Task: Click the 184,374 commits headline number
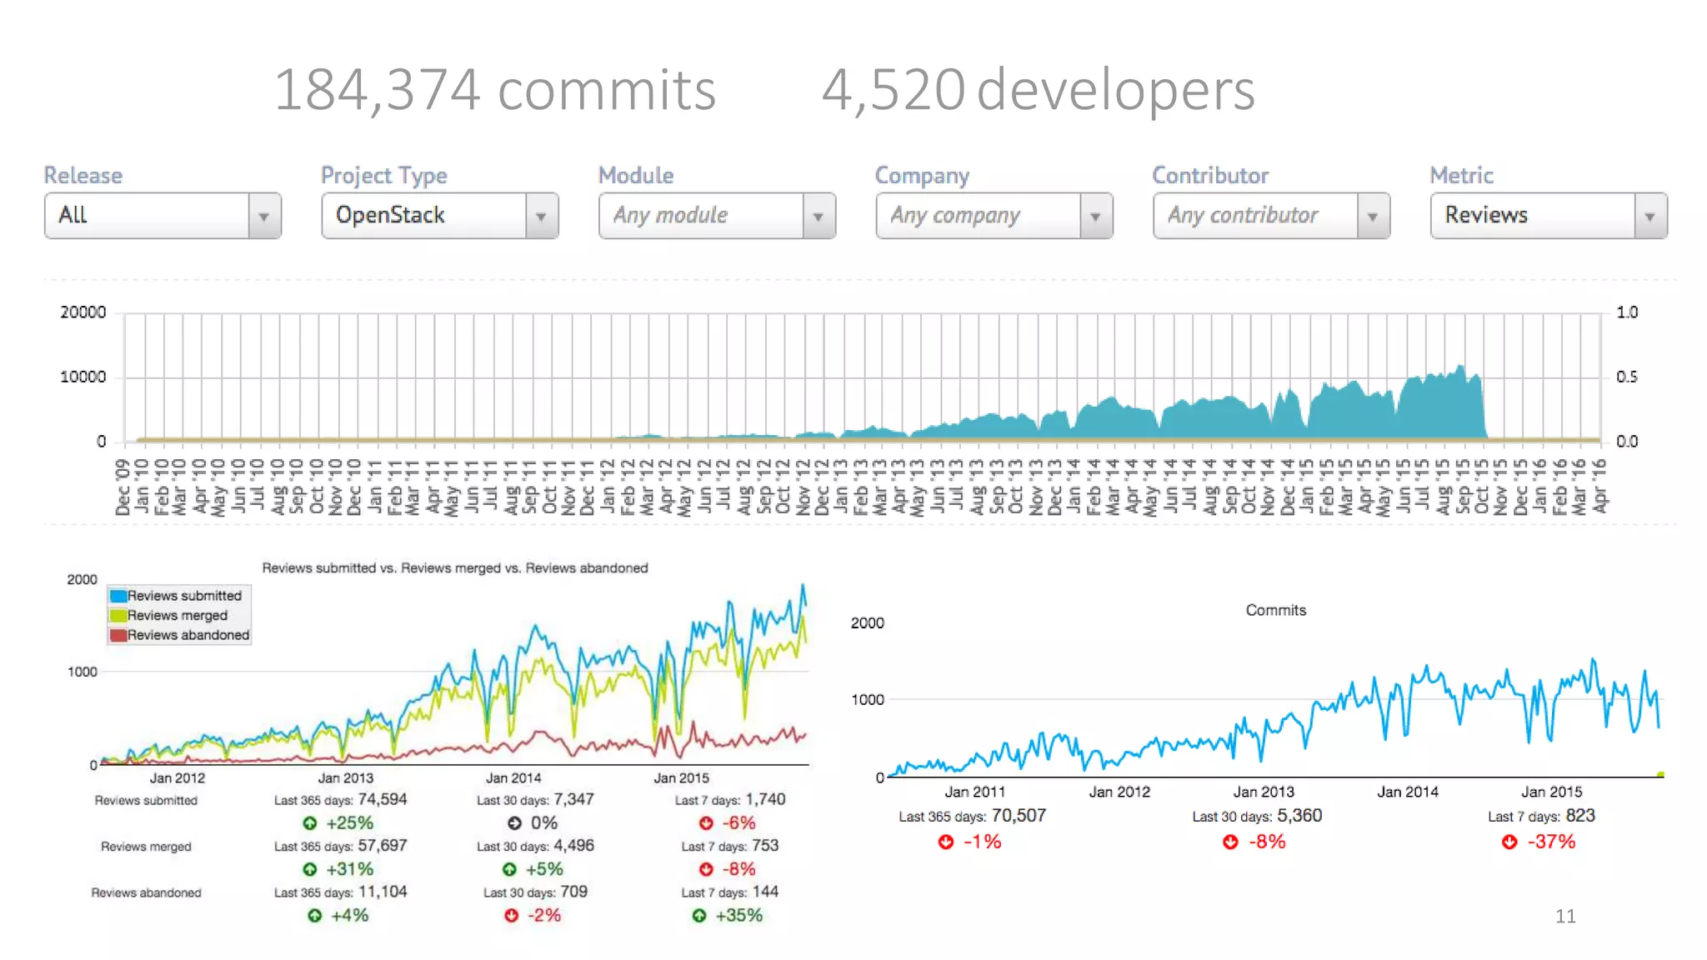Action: pyautogui.click(x=494, y=90)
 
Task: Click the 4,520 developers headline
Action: pyautogui.click(x=1038, y=90)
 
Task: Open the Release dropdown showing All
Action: pyautogui.click(x=163, y=216)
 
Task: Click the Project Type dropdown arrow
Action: pyautogui.click(x=541, y=217)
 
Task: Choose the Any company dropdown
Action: pyautogui.click(x=979, y=216)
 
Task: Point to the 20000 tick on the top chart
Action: pyautogui.click(x=83, y=312)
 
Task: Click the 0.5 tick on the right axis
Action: pyautogui.click(x=1626, y=377)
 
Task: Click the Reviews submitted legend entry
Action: pyautogui.click(x=183, y=596)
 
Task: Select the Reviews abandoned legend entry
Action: pyautogui.click(x=188, y=635)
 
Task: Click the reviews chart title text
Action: pyautogui.click(x=454, y=568)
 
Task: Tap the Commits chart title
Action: pyautogui.click(x=1275, y=610)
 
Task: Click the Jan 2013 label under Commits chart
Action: pyautogui.click(x=1264, y=792)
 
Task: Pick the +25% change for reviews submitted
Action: pyautogui.click(x=348, y=823)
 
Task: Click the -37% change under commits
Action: pyautogui.click(x=1550, y=842)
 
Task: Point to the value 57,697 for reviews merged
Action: pyautogui.click(x=382, y=845)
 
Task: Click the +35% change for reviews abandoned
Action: pyautogui.click(x=738, y=915)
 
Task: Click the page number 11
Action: pyautogui.click(x=1564, y=916)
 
